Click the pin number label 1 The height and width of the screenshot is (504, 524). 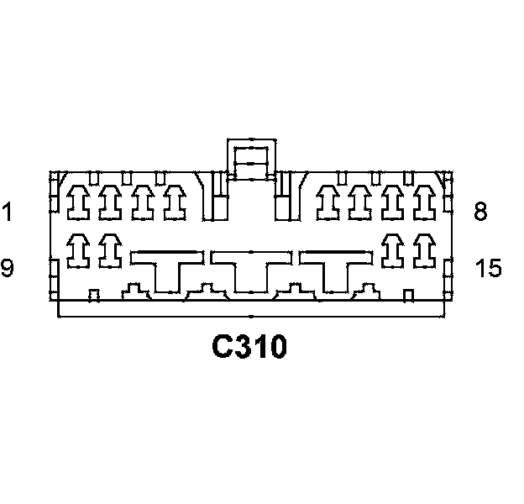(x=8, y=212)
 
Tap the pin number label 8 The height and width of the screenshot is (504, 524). (x=480, y=212)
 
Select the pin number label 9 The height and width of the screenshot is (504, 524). (x=8, y=269)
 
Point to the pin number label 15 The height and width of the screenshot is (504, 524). (x=488, y=269)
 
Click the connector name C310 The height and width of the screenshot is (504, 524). (x=249, y=346)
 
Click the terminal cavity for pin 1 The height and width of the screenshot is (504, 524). (x=78, y=202)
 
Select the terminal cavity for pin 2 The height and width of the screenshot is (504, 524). (x=109, y=202)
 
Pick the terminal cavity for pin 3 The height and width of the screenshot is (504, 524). (x=141, y=202)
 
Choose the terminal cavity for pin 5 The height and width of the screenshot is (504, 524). (x=328, y=202)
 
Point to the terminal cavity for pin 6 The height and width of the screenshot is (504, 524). (x=360, y=202)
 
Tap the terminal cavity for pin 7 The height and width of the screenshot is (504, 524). (x=392, y=202)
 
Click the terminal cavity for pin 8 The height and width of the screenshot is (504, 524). (x=424, y=202)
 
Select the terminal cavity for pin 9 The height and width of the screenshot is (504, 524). (x=78, y=249)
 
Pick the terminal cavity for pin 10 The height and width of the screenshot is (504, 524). (x=109, y=249)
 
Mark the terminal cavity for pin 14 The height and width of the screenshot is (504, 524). (x=392, y=249)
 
